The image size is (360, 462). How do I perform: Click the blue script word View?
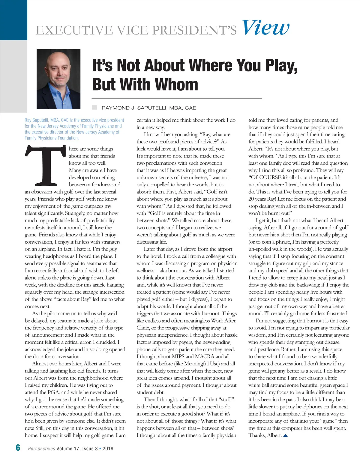coord(265,28)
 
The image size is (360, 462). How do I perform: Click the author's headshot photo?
coord(58,79)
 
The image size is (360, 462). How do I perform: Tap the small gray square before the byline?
coord(94,107)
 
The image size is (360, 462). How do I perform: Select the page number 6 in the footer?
coord(18,448)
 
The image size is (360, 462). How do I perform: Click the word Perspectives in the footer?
coord(41,449)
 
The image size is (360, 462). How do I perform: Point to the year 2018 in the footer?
coord(108,449)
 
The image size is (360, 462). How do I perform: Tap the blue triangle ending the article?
coord(285,435)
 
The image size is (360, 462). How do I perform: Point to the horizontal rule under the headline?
coord(177,98)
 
